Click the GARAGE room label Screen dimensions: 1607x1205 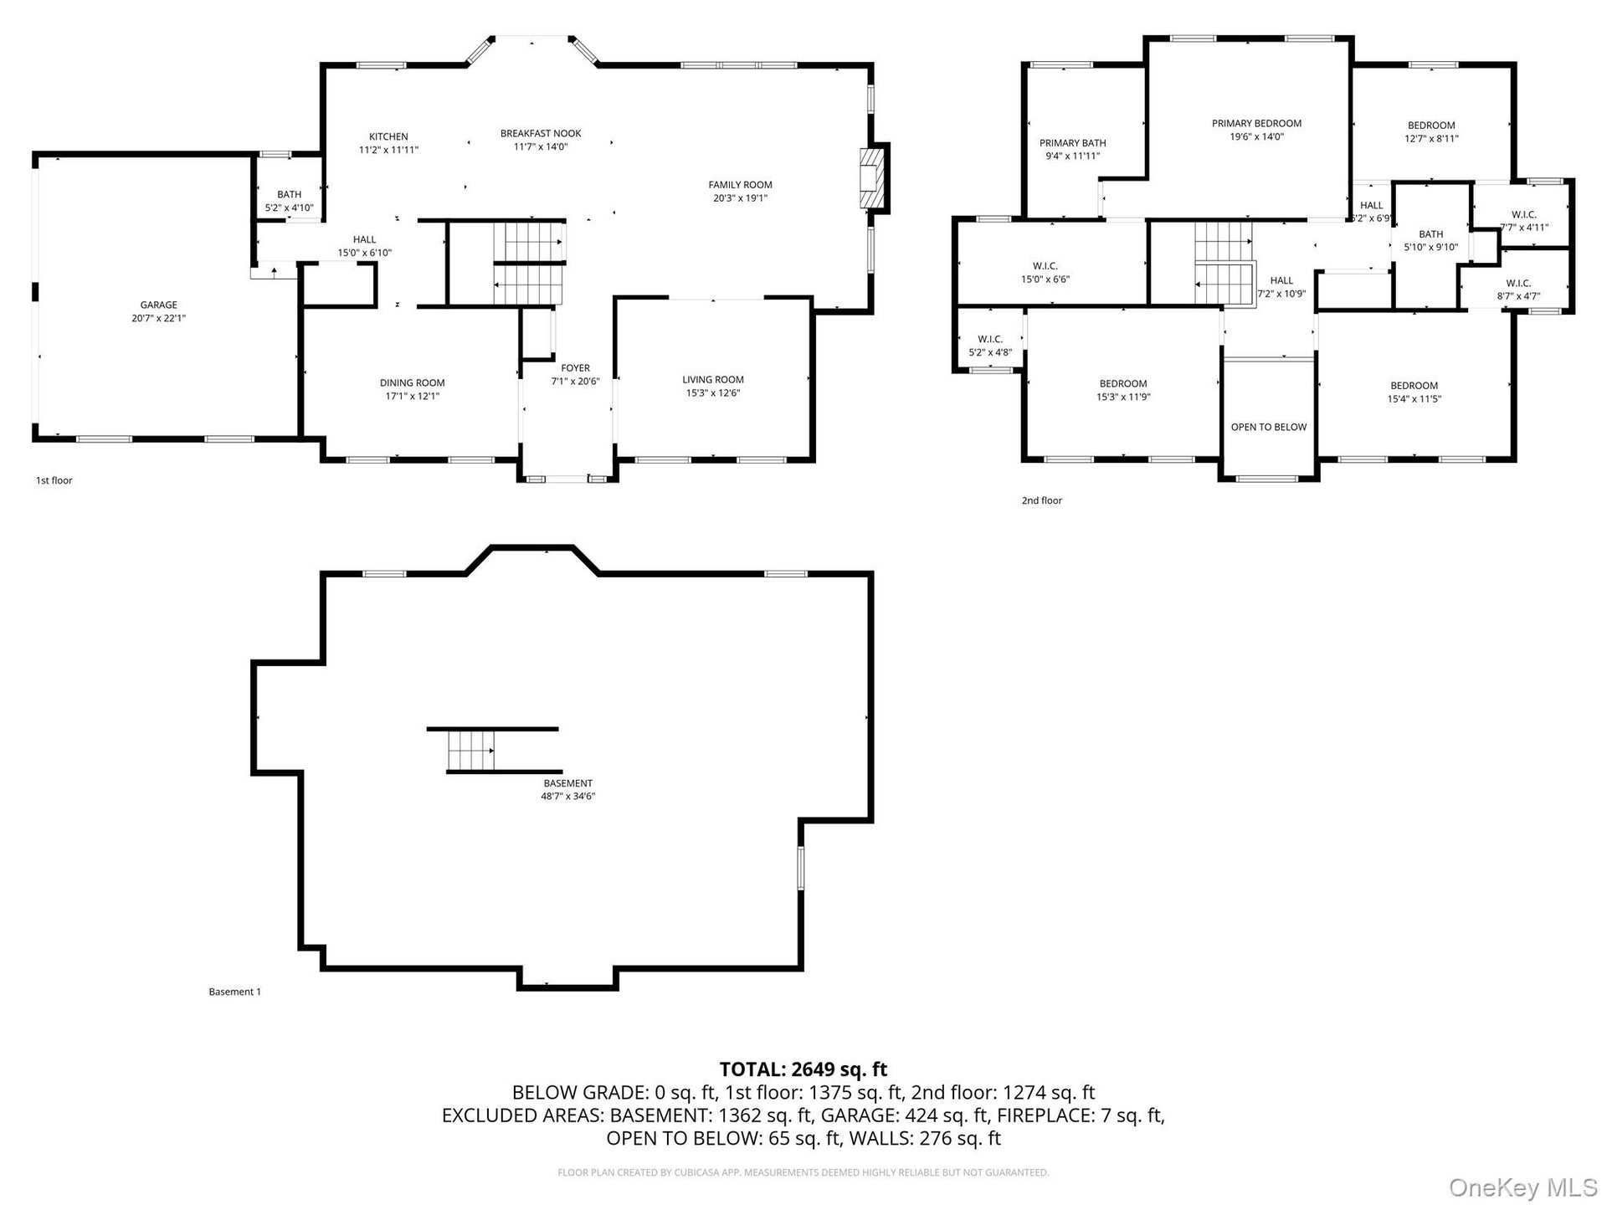[158, 305]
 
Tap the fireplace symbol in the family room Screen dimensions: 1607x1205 [871, 178]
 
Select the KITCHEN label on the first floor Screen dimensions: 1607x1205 [388, 136]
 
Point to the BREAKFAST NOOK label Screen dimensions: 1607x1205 [541, 133]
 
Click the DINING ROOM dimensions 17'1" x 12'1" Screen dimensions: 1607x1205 [413, 397]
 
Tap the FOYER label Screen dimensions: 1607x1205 [575, 368]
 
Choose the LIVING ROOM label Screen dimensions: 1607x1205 [713, 380]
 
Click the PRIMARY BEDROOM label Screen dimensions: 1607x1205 [1256, 124]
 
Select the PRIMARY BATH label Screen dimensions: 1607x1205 [1072, 143]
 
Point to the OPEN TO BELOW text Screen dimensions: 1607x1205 [1268, 427]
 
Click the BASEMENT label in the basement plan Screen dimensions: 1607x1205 [567, 783]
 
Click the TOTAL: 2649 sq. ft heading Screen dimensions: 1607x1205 [803, 1069]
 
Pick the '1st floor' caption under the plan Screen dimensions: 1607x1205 [54, 480]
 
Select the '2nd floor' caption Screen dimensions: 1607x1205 [1041, 500]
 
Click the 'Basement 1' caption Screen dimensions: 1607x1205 [234, 992]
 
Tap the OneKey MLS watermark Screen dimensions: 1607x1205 [1522, 1187]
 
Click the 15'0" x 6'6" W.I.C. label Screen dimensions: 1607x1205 [1045, 273]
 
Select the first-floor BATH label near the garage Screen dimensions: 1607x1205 [289, 194]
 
